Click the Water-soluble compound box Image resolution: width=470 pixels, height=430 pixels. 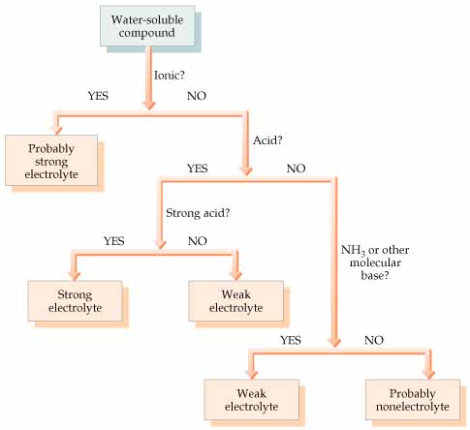pyautogui.click(x=147, y=26)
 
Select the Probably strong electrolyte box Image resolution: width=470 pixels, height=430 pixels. pyautogui.click(x=51, y=161)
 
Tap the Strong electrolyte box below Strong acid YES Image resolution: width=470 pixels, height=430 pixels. pyautogui.click(x=75, y=301)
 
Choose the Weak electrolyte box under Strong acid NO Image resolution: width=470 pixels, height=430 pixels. pyautogui.click(x=236, y=301)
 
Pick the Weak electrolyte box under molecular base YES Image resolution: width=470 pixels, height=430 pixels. pyautogui.click(x=252, y=400)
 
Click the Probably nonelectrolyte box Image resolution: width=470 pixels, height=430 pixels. pyautogui.click(x=413, y=400)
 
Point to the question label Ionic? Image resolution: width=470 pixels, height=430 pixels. pyautogui.click(x=170, y=76)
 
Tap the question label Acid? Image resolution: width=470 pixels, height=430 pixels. pyautogui.click(x=267, y=140)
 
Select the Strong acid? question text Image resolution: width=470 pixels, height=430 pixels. pyautogui.click(x=198, y=213)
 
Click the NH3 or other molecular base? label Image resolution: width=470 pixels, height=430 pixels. pyautogui.click(x=375, y=262)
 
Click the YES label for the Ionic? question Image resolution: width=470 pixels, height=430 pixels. pyautogui.click(x=98, y=96)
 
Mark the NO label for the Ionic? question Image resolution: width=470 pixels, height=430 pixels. pyautogui.click(x=197, y=96)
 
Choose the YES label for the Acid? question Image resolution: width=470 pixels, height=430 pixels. pyautogui.click(x=198, y=169)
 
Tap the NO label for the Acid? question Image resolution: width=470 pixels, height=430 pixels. pyautogui.click(x=296, y=169)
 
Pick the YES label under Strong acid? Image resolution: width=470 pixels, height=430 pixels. pyautogui.click(x=114, y=241)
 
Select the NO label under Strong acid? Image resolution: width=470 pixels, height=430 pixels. pyautogui.click(x=198, y=241)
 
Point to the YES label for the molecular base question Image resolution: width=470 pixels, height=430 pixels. pyautogui.click(x=291, y=340)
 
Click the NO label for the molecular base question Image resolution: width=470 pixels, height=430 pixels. pyautogui.click(x=374, y=340)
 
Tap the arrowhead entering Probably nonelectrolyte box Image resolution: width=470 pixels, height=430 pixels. pyautogui.click(x=430, y=374)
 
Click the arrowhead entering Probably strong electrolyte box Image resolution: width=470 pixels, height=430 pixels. pyautogui.click(x=57, y=130)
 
